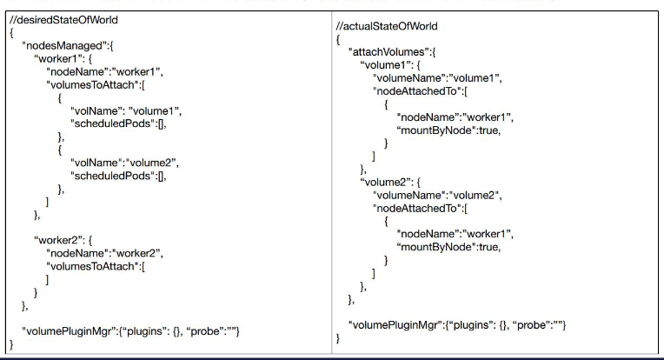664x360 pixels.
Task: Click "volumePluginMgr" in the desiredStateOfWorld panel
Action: click(72, 330)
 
